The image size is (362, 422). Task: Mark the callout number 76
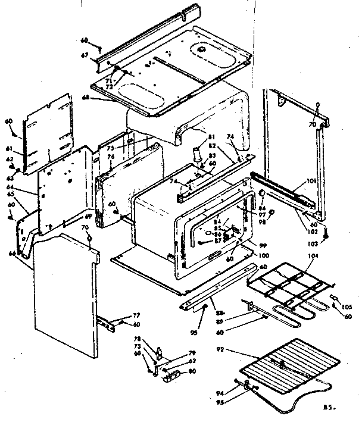tap(111, 157)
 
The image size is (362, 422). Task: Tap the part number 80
tap(192, 372)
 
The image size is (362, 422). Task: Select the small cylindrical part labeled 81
tap(196, 154)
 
